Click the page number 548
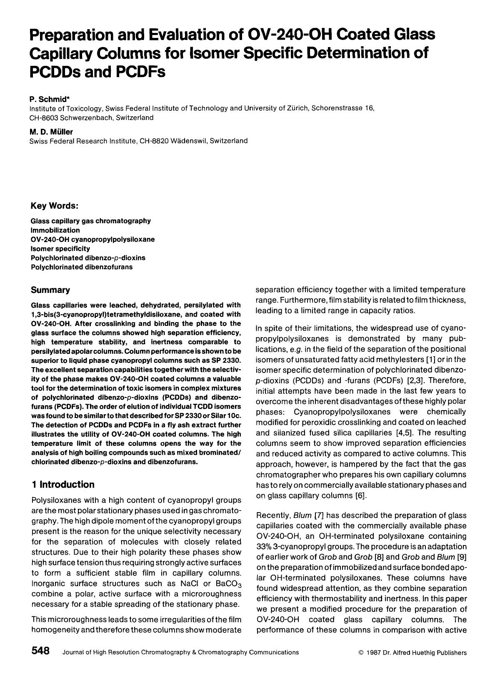40,651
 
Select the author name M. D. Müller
51,132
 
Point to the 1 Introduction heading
63,485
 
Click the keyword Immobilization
55,230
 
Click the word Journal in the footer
73,653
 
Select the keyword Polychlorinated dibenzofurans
82,267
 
